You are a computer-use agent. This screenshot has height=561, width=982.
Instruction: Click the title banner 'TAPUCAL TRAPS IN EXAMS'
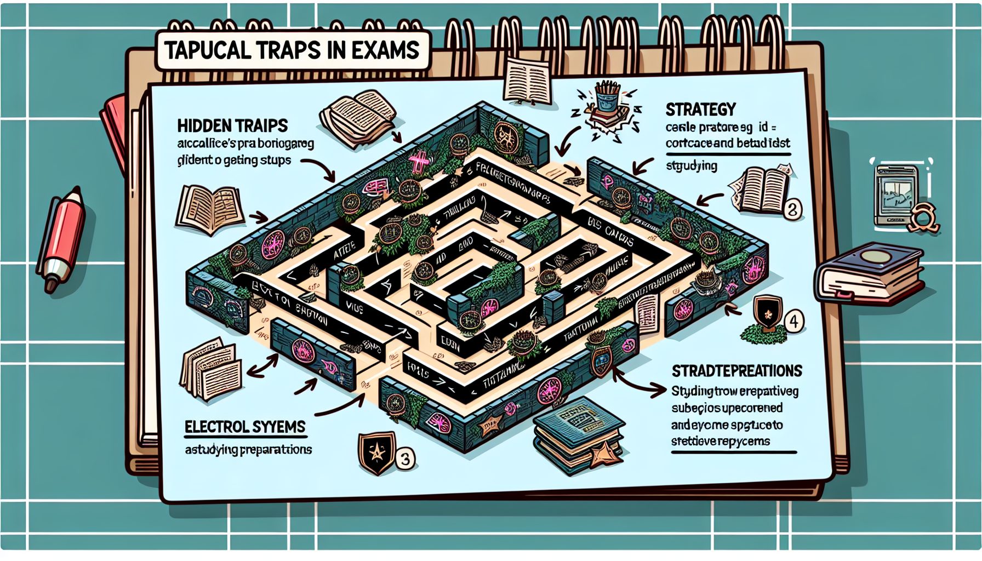(x=292, y=51)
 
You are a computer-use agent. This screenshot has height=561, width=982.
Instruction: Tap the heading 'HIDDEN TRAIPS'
(x=232, y=126)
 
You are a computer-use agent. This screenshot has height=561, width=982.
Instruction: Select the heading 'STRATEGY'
(x=700, y=110)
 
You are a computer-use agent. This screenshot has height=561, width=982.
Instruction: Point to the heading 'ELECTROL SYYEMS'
(x=244, y=427)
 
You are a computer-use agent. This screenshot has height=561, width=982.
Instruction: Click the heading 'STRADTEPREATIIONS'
(x=736, y=371)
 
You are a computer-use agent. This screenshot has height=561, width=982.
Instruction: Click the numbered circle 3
(x=405, y=458)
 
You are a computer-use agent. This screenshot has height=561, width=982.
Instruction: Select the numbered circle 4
(x=794, y=322)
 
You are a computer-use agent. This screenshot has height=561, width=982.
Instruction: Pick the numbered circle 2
(x=792, y=209)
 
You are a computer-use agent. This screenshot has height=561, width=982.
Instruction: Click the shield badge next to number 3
(x=376, y=453)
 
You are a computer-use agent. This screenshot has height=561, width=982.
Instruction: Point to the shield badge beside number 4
(x=767, y=312)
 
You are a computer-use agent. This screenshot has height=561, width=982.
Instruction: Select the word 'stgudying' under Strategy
(x=692, y=165)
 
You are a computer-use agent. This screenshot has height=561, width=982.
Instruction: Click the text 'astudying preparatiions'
(x=248, y=450)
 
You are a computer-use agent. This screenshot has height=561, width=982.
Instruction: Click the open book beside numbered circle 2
(x=760, y=189)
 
